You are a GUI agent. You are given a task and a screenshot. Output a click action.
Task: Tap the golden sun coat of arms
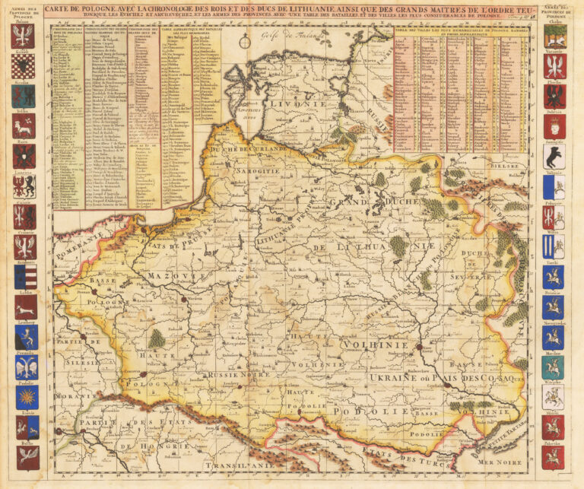[x=25, y=396]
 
